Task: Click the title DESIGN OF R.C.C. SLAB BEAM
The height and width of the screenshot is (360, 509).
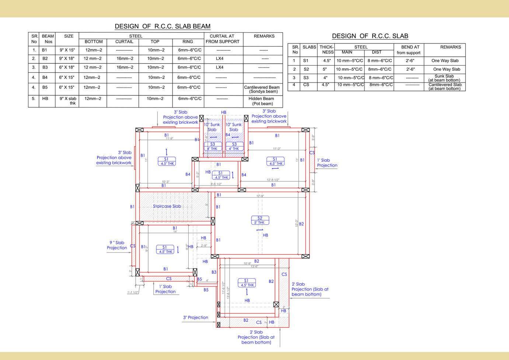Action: coord(163,26)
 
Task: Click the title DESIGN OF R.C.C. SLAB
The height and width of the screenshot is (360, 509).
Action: coord(370,36)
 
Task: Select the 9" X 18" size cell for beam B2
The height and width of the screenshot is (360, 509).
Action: coord(67,59)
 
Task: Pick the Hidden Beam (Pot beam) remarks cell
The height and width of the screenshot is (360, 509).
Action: coord(261,101)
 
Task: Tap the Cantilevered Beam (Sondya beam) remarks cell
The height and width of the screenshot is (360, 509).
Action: coord(262,89)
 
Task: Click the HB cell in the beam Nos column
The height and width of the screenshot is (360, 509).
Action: coord(45,98)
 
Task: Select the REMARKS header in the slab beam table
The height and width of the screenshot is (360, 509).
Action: coord(264,36)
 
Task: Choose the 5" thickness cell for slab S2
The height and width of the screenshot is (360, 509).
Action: coord(325,69)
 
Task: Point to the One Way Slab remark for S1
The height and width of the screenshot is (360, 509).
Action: coord(445,60)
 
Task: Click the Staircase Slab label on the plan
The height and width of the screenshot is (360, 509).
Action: coord(167,206)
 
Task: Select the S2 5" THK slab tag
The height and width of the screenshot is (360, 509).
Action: coord(260,220)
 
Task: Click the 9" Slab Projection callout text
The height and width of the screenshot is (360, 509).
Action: coord(117,245)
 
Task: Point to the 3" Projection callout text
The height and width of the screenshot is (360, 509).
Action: coord(195,317)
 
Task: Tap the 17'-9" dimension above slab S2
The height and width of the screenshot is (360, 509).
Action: coord(260,196)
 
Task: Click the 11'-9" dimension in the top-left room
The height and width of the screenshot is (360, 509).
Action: coord(169,139)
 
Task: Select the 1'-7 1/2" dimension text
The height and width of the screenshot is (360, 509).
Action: coord(133,293)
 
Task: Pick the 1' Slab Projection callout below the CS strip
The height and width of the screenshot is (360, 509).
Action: coord(165,289)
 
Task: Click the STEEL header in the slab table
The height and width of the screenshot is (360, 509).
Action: coord(361,47)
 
